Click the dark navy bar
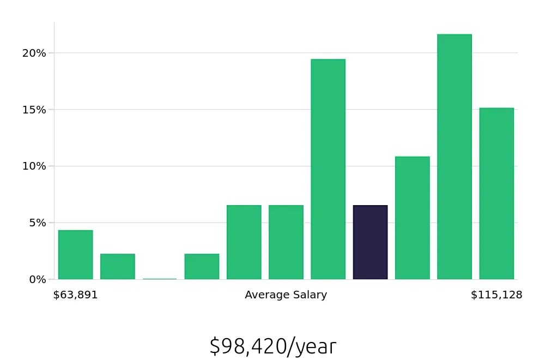coord(370,242)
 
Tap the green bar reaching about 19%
coord(328,169)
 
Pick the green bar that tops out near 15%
coord(496,194)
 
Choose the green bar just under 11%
coord(412,218)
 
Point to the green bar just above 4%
coord(75,255)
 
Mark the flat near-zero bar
coord(160,279)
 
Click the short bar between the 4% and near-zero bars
coord(117,266)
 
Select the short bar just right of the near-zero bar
coord(202,266)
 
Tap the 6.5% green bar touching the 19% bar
coord(286,242)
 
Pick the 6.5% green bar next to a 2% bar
coord(244,242)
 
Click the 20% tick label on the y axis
coord(34,53)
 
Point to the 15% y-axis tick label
coord(34,110)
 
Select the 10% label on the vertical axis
coord(34,166)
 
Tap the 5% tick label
coord(37,223)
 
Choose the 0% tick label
coord(37,279)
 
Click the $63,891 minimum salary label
coord(75,295)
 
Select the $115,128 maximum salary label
coord(496,295)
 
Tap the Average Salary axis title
coord(286,295)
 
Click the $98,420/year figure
coord(272,346)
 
